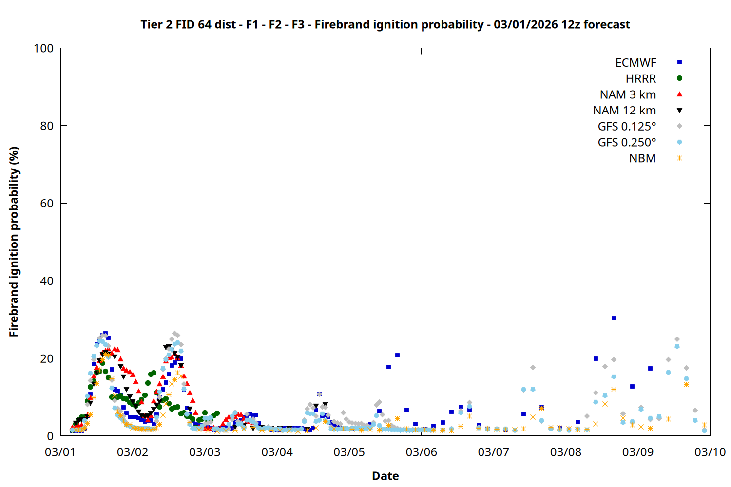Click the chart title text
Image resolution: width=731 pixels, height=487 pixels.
click(x=385, y=24)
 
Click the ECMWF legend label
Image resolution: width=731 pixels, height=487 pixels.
click(x=635, y=63)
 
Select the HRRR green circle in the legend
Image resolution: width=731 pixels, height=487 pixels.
click(x=679, y=78)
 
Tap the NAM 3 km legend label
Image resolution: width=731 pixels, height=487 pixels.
click(x=628, y=94)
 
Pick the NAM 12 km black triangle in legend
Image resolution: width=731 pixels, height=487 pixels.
click(x=679, y=111)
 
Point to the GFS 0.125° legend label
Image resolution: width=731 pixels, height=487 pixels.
click(x=627, y=127)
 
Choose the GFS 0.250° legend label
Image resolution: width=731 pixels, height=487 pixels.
click(x=627, y=143)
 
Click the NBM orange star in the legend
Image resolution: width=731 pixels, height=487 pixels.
click(x=679, y=158)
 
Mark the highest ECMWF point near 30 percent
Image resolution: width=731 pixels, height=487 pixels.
click(x=614, y=318)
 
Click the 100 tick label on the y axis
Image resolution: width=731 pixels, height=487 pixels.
click(x=43, y=48)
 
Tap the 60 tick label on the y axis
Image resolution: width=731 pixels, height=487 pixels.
click(x=47, y=204)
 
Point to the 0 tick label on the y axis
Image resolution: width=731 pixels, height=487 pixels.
click(x=50, y=436)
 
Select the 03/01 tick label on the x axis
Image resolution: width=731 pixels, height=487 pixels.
click(x=60, y=452)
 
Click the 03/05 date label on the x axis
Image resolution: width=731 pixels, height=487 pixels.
click(x=349, y=452)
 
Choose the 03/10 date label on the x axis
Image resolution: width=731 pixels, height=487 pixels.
click(x=710, y=452)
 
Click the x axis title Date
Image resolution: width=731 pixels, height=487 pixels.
click(x=385, y=476)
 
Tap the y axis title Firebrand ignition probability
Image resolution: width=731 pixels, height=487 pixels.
click(x=14, y=242)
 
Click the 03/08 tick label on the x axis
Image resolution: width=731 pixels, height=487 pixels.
click(x=566, y=452)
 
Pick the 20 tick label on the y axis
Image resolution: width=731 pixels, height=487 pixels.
click(x=47, y=358)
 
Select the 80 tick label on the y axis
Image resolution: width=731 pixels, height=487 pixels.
click(x=47, y=126)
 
